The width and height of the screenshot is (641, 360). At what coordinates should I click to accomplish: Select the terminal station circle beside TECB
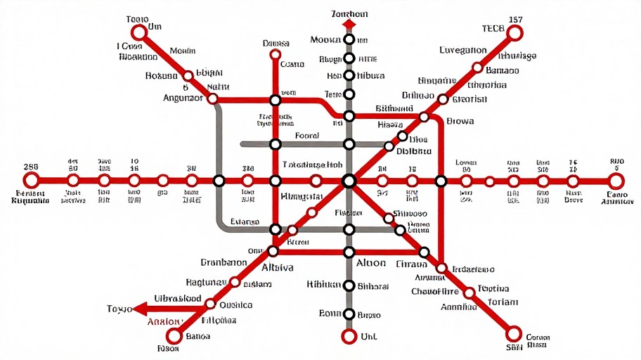514,32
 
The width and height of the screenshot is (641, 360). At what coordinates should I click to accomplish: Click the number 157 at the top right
515,19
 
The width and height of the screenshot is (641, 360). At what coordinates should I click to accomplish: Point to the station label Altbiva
278,268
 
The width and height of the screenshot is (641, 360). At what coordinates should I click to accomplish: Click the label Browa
460,121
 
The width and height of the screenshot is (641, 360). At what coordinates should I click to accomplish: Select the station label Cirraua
412,264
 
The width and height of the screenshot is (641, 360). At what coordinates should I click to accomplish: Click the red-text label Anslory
164,323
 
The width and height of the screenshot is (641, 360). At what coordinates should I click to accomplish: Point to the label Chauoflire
435,292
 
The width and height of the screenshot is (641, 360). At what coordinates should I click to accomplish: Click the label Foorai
307,136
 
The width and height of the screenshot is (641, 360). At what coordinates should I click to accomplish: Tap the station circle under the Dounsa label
276,53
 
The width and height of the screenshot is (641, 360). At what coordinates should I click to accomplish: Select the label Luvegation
463,50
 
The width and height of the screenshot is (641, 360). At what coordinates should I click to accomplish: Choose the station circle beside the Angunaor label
213,99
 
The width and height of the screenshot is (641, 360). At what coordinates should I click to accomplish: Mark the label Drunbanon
224,262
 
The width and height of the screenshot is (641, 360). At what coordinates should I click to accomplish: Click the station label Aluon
371,263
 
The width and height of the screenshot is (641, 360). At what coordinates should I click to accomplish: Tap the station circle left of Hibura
349,76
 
